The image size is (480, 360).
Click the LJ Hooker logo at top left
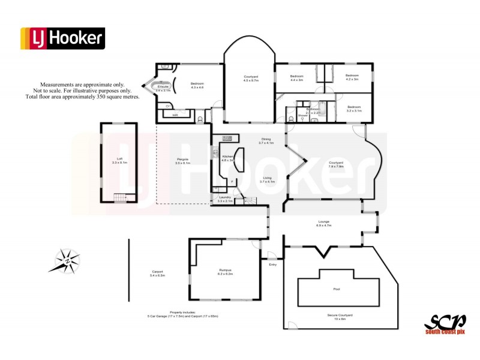coord(62,38)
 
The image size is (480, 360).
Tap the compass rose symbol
coord(68,260)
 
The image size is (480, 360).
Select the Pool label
coord(337,289)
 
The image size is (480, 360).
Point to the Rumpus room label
coord(226,272)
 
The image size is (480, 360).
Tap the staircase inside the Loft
coord(121,199)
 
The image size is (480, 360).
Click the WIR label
coord(175,114)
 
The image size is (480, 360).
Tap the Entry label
coord(273,264)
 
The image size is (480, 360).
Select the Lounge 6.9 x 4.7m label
coord(323,224)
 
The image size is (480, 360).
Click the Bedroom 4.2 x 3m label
coord(352,77)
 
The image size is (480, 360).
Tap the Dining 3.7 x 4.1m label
coord(266,140)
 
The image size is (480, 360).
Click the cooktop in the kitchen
coord(226,139)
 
